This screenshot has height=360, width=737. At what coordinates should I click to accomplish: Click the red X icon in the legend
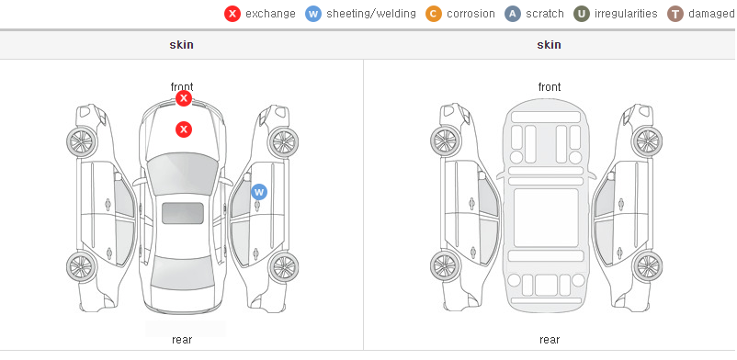tap(232, 14)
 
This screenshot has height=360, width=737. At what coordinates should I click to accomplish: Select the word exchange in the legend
tap(270, 14)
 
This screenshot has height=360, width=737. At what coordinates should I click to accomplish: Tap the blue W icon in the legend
tap(313, 14)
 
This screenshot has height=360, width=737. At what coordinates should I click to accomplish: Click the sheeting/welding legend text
tap(371, 14)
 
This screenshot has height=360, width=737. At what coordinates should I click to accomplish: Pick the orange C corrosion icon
tap(434, 14)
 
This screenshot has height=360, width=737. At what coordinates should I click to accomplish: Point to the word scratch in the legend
tap(545, 14)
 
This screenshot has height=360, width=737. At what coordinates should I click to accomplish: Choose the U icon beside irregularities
tap(582, 14)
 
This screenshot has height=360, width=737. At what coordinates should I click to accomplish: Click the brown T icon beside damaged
tap(675, 14)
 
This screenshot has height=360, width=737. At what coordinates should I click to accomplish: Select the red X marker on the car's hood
tap(184, 129)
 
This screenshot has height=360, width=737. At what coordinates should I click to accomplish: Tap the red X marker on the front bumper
tap(184, 98)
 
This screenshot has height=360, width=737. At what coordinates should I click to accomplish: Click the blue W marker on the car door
tap(259, 192)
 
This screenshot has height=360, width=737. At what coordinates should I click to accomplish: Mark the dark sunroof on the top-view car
tap(183, 213)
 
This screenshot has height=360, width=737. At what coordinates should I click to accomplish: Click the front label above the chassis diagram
tap(550, 87)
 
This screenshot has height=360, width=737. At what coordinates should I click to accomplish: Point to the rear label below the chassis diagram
tap(550, 340)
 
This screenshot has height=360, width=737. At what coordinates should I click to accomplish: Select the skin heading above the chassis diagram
tap(549, 45)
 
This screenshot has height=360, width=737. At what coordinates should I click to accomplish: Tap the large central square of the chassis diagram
tap(546, 218)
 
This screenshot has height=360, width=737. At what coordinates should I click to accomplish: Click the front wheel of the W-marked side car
tap(283, 141)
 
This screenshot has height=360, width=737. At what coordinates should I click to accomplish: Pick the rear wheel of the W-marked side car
tap(283, 267)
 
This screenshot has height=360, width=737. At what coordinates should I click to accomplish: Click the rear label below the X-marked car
tap(182, 340)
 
